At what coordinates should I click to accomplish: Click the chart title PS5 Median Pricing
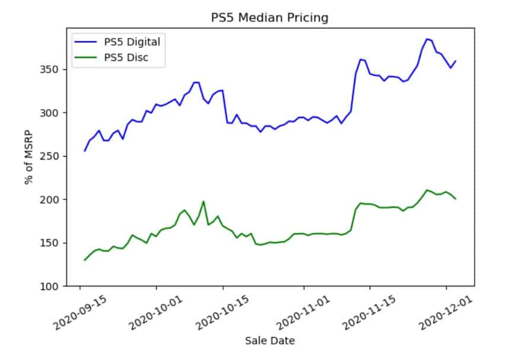coord(269,18)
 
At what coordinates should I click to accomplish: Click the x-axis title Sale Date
coord(270,340)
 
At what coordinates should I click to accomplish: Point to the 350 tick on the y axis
coord(56,69)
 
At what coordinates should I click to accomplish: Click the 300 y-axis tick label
coord(56,113)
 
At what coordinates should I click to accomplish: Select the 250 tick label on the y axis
coord(56,156)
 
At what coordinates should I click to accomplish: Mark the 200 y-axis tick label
coord(56,199)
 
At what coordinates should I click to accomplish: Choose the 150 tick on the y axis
coord(56,243)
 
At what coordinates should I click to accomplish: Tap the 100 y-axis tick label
coord(56,286)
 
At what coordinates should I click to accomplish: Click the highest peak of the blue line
coord(427,39)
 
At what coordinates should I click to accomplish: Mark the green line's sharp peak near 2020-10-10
coord(204,202)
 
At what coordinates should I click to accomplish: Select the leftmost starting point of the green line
coord(85,260)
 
